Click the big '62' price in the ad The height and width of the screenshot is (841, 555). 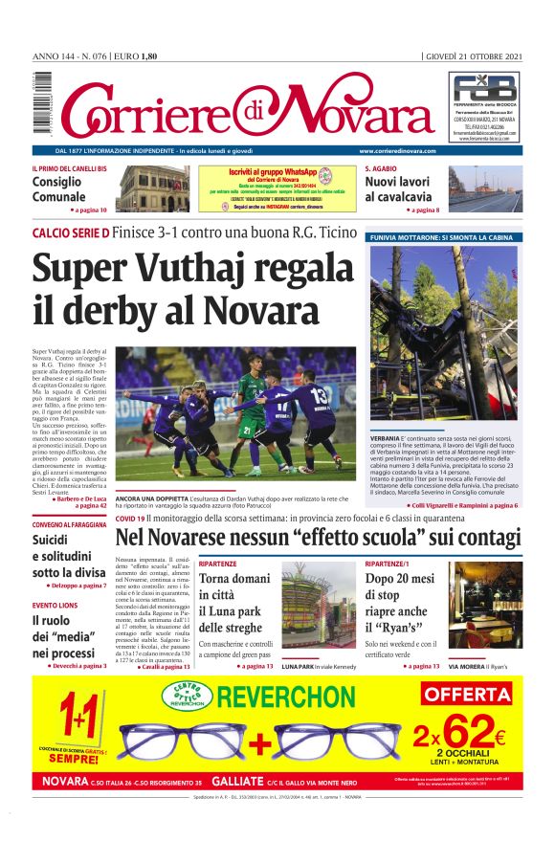click(470, 735)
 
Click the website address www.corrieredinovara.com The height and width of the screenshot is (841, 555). click(397, 151)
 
